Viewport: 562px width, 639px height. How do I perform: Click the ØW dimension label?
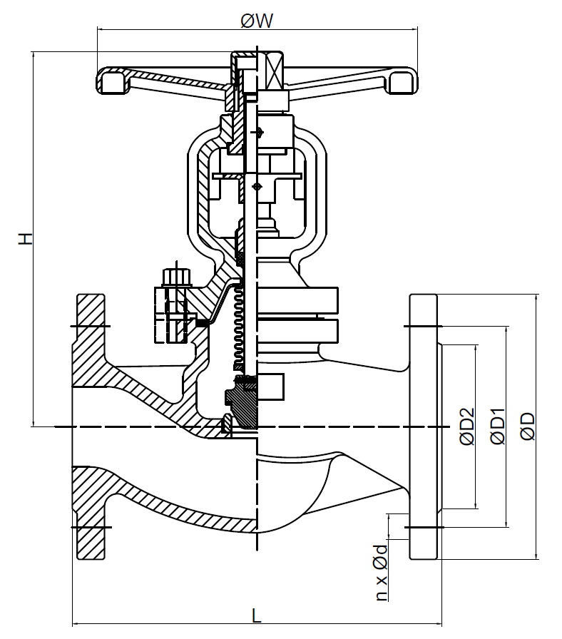click(x=257, y=21)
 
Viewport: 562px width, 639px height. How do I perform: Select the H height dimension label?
click(x=25, y=239)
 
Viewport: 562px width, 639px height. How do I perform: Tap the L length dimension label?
click(x=257, y=615)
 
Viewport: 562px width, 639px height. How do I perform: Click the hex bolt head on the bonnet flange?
click(x=175, y=277)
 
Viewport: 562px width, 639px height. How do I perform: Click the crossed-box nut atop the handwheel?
click(x=275, y=71)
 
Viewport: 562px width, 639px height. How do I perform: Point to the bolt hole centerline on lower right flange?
click(x=424, y=527)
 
